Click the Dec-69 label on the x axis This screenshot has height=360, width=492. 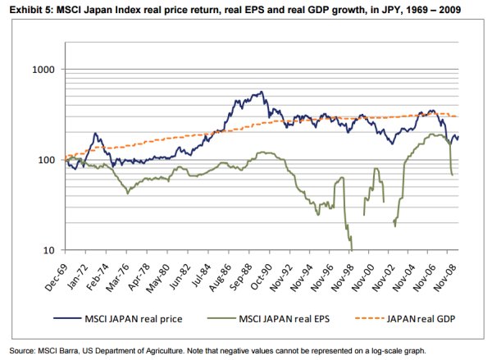[x=56, y=271]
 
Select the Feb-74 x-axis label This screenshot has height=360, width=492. [x=93, y=271]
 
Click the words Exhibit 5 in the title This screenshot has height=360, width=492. [x=27, y=9]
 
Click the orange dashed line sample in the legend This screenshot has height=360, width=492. [x=366, y=319]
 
